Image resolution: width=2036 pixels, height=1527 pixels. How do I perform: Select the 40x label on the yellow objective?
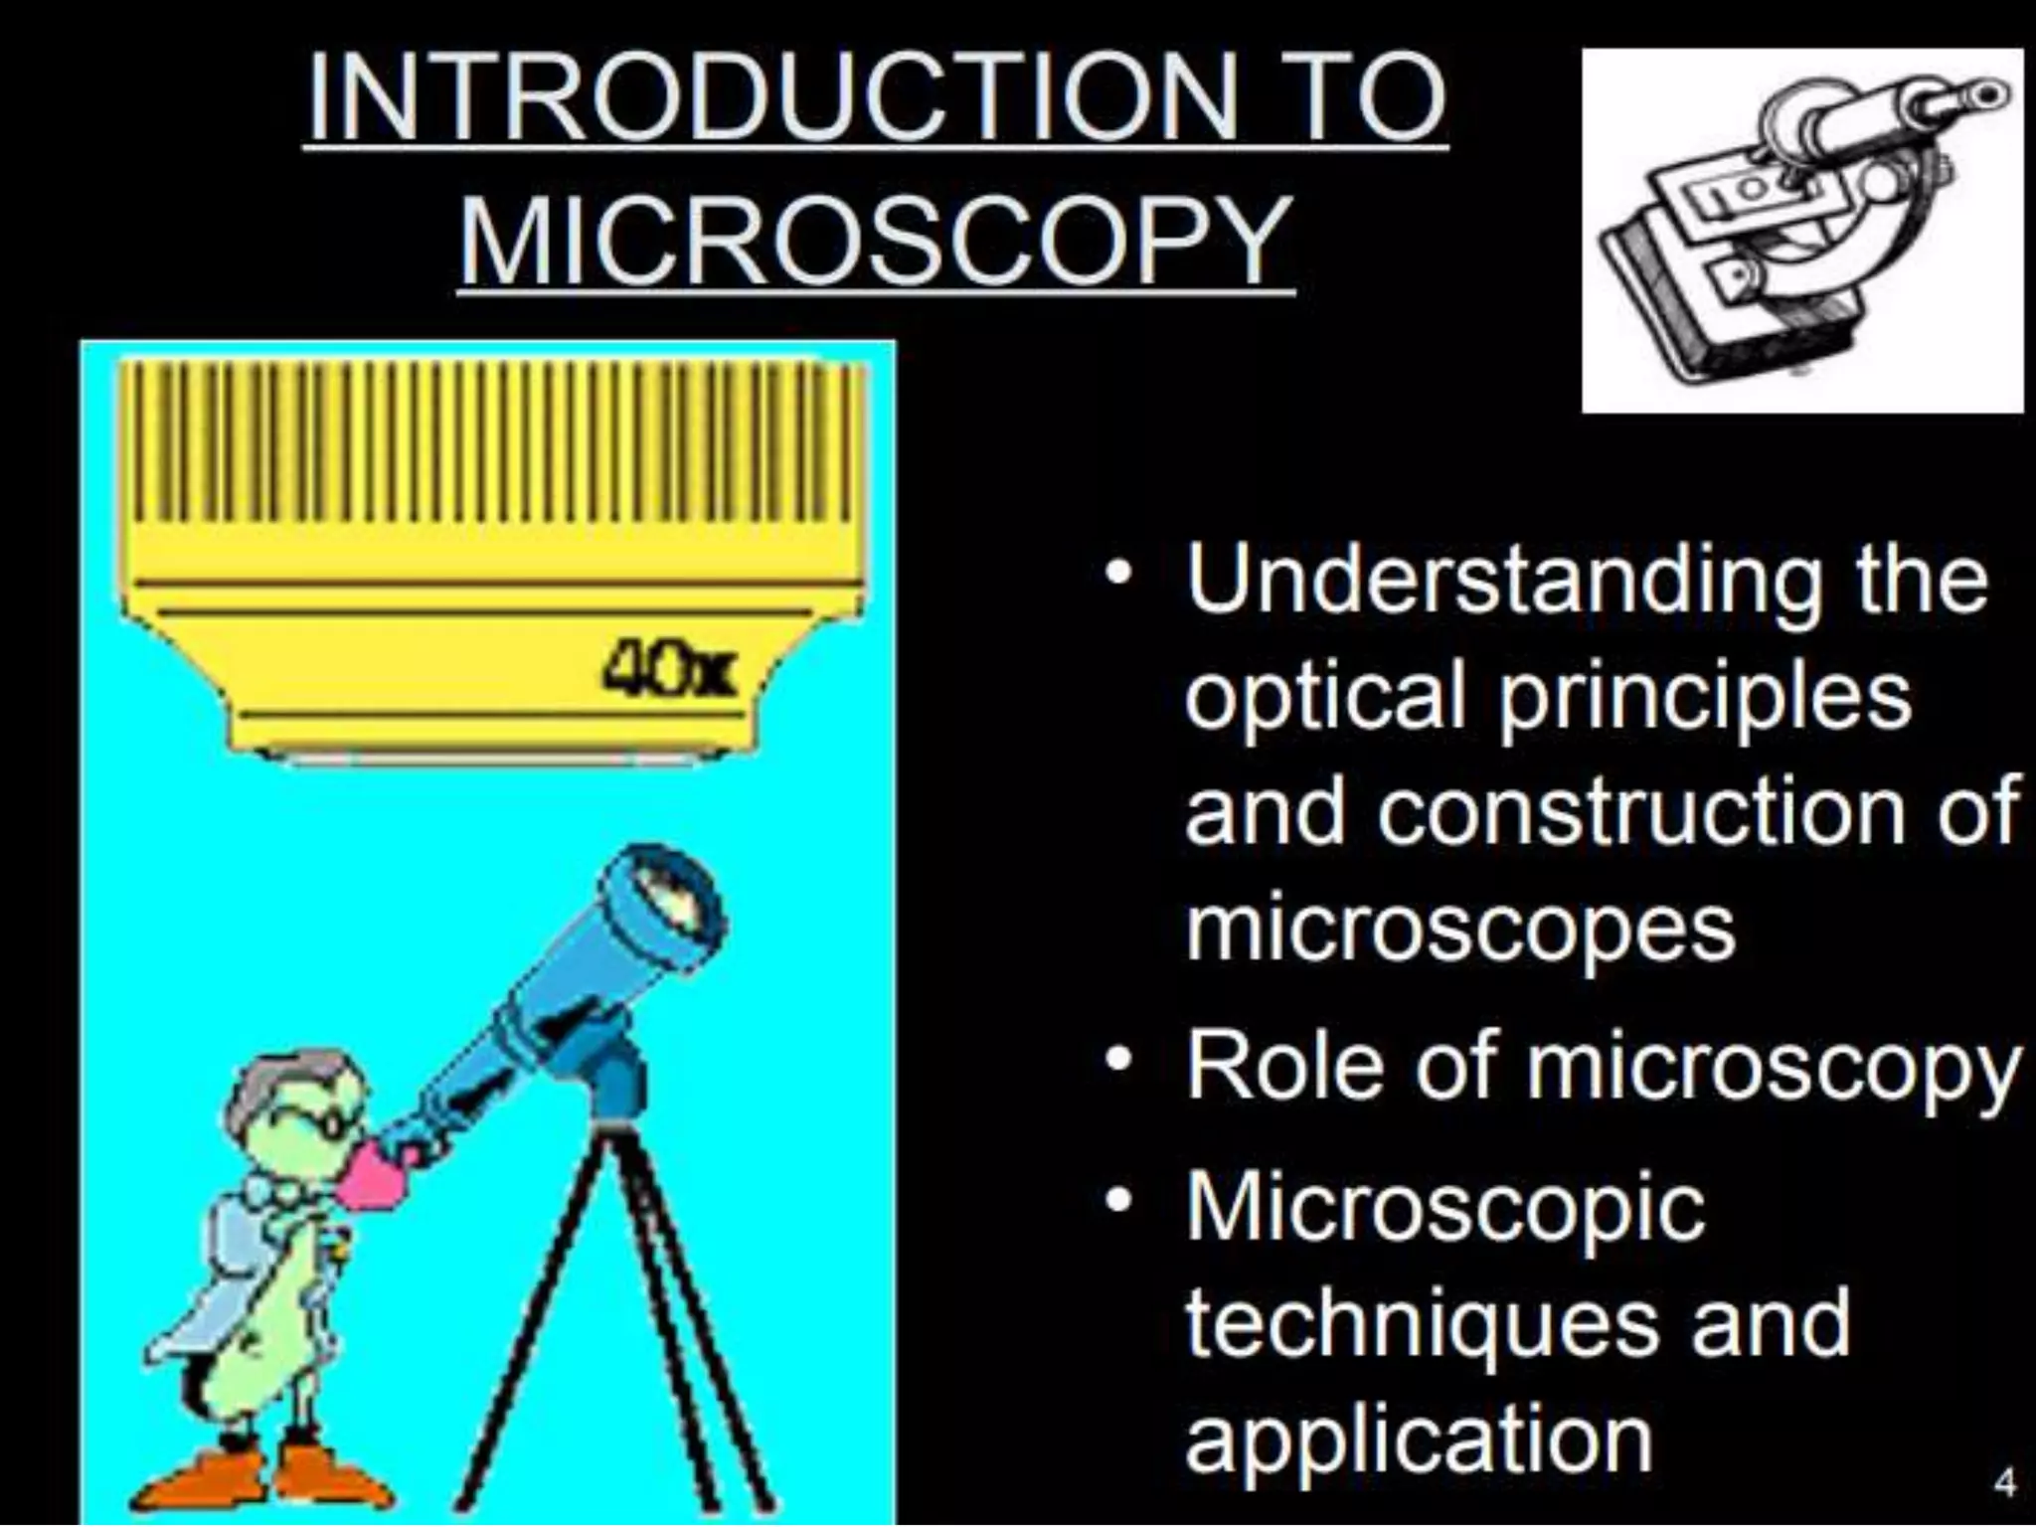[x=669, y=664]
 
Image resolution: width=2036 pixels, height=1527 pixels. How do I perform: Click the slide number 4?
[x=2005, y=1483]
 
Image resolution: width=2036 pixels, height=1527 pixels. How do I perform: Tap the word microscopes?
[x=1459, y=927]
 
